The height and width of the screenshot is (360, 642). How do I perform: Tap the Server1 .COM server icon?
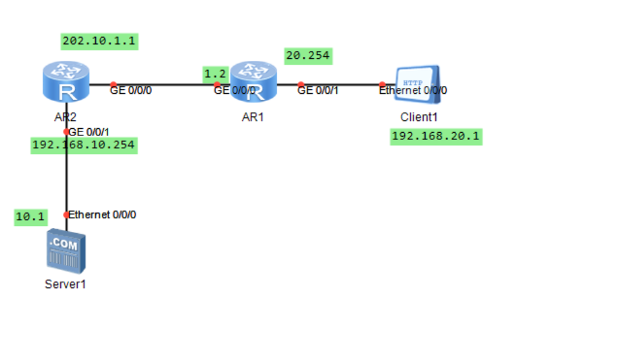(66, 252)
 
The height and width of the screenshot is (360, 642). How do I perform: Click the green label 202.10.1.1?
(100, 41)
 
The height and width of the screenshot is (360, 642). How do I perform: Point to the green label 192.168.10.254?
(84, 145)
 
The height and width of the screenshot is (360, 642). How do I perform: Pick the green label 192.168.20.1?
(436, 137)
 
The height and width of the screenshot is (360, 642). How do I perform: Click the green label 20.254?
(308, 56)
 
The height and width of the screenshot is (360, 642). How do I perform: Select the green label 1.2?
(215, 74)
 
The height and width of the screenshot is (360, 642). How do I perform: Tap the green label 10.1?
(29, 218)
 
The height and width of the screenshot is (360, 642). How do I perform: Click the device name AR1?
(252, 118)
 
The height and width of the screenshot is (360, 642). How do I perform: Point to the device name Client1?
(420, 118)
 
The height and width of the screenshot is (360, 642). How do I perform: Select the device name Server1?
(65, 284)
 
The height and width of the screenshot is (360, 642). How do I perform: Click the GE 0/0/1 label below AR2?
(89, 132)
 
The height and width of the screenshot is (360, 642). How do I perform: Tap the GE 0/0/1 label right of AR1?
(317, 91)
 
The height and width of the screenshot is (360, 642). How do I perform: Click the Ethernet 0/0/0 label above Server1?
(102, 215)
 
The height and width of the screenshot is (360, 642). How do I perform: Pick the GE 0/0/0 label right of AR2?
(132, 91)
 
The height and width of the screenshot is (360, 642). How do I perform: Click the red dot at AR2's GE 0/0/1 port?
(66, 131)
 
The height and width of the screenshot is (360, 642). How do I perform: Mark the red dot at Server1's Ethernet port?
(66, 215)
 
